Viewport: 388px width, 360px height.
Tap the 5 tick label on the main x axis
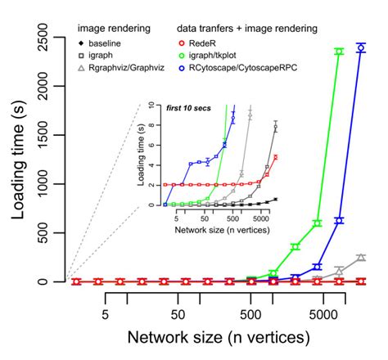(106, 313)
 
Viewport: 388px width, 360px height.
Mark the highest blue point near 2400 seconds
(361, 47)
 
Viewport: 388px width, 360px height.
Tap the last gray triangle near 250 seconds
(361, 257)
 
